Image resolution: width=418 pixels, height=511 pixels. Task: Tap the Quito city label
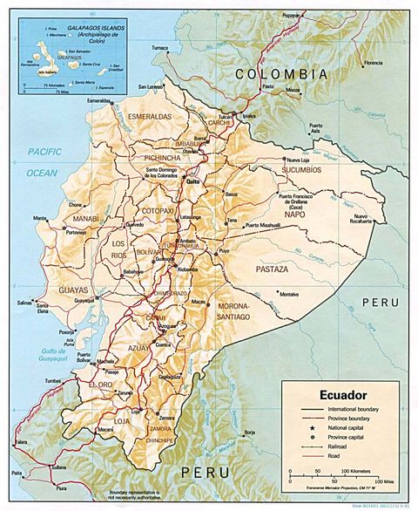(192, 181)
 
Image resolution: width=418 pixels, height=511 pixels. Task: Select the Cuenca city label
(163, 345)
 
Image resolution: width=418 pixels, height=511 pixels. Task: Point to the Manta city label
(40, 217)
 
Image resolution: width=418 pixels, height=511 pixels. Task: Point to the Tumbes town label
(29, 381)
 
